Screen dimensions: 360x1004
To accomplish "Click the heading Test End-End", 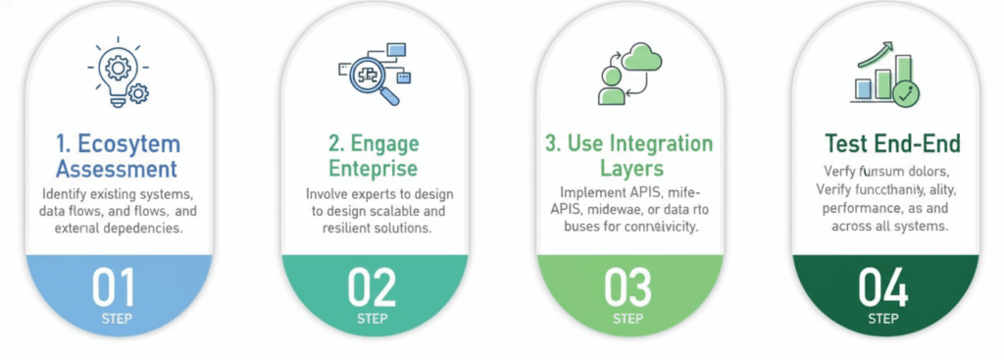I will point(892,144).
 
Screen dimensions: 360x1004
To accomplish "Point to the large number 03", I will point(627,286).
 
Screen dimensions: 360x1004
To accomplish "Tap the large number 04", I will point(882,286).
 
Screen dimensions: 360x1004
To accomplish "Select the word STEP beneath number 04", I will point(882,318).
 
